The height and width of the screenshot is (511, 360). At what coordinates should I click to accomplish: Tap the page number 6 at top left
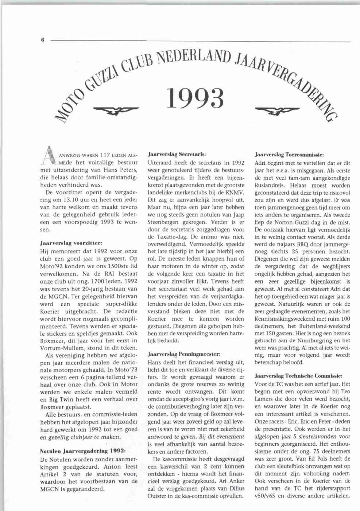(43, 41)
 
